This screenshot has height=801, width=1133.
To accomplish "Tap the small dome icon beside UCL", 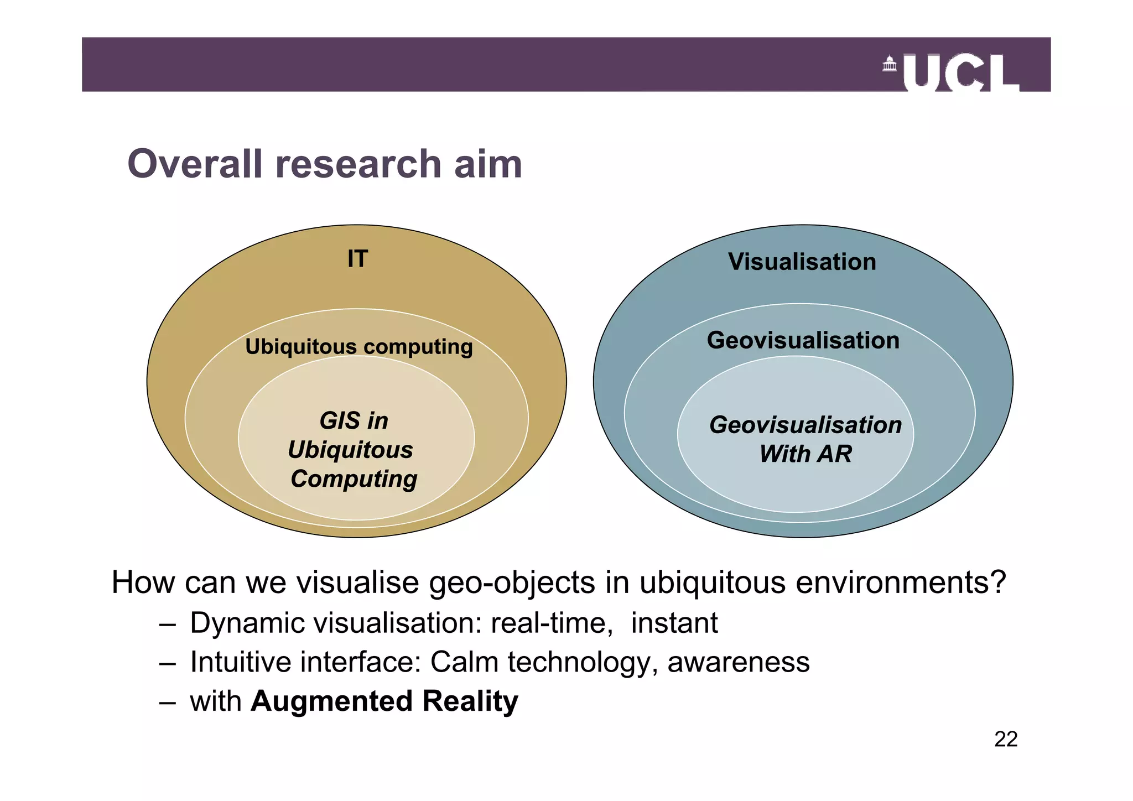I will (x=889, y=64).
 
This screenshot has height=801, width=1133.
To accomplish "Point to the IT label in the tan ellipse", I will (x=357, y=259).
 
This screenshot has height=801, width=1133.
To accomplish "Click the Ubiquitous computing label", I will (x=359, y=347).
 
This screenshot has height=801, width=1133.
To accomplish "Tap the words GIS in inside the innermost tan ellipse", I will (x=354, y=421).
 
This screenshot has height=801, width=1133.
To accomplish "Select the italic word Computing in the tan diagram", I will (x=354, y=479).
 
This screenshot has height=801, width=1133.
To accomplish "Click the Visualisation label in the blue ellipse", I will (x=802, y=262).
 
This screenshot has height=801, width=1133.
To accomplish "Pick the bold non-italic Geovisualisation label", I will (x=803, y=340).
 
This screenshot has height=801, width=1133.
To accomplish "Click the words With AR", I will (x=805, y=454).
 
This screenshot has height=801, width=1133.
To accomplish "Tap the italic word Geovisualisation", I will (x=805, y=425).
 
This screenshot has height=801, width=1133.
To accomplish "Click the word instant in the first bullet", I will (x=674, y=623).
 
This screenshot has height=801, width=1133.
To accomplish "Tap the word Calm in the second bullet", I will (x=464, y=662).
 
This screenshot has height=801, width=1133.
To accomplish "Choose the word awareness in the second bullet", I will (x=739, y=662).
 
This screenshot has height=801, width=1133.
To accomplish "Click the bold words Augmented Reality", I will (x=384, y=701).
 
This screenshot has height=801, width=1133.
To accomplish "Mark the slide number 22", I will (x=1006, y=739).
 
